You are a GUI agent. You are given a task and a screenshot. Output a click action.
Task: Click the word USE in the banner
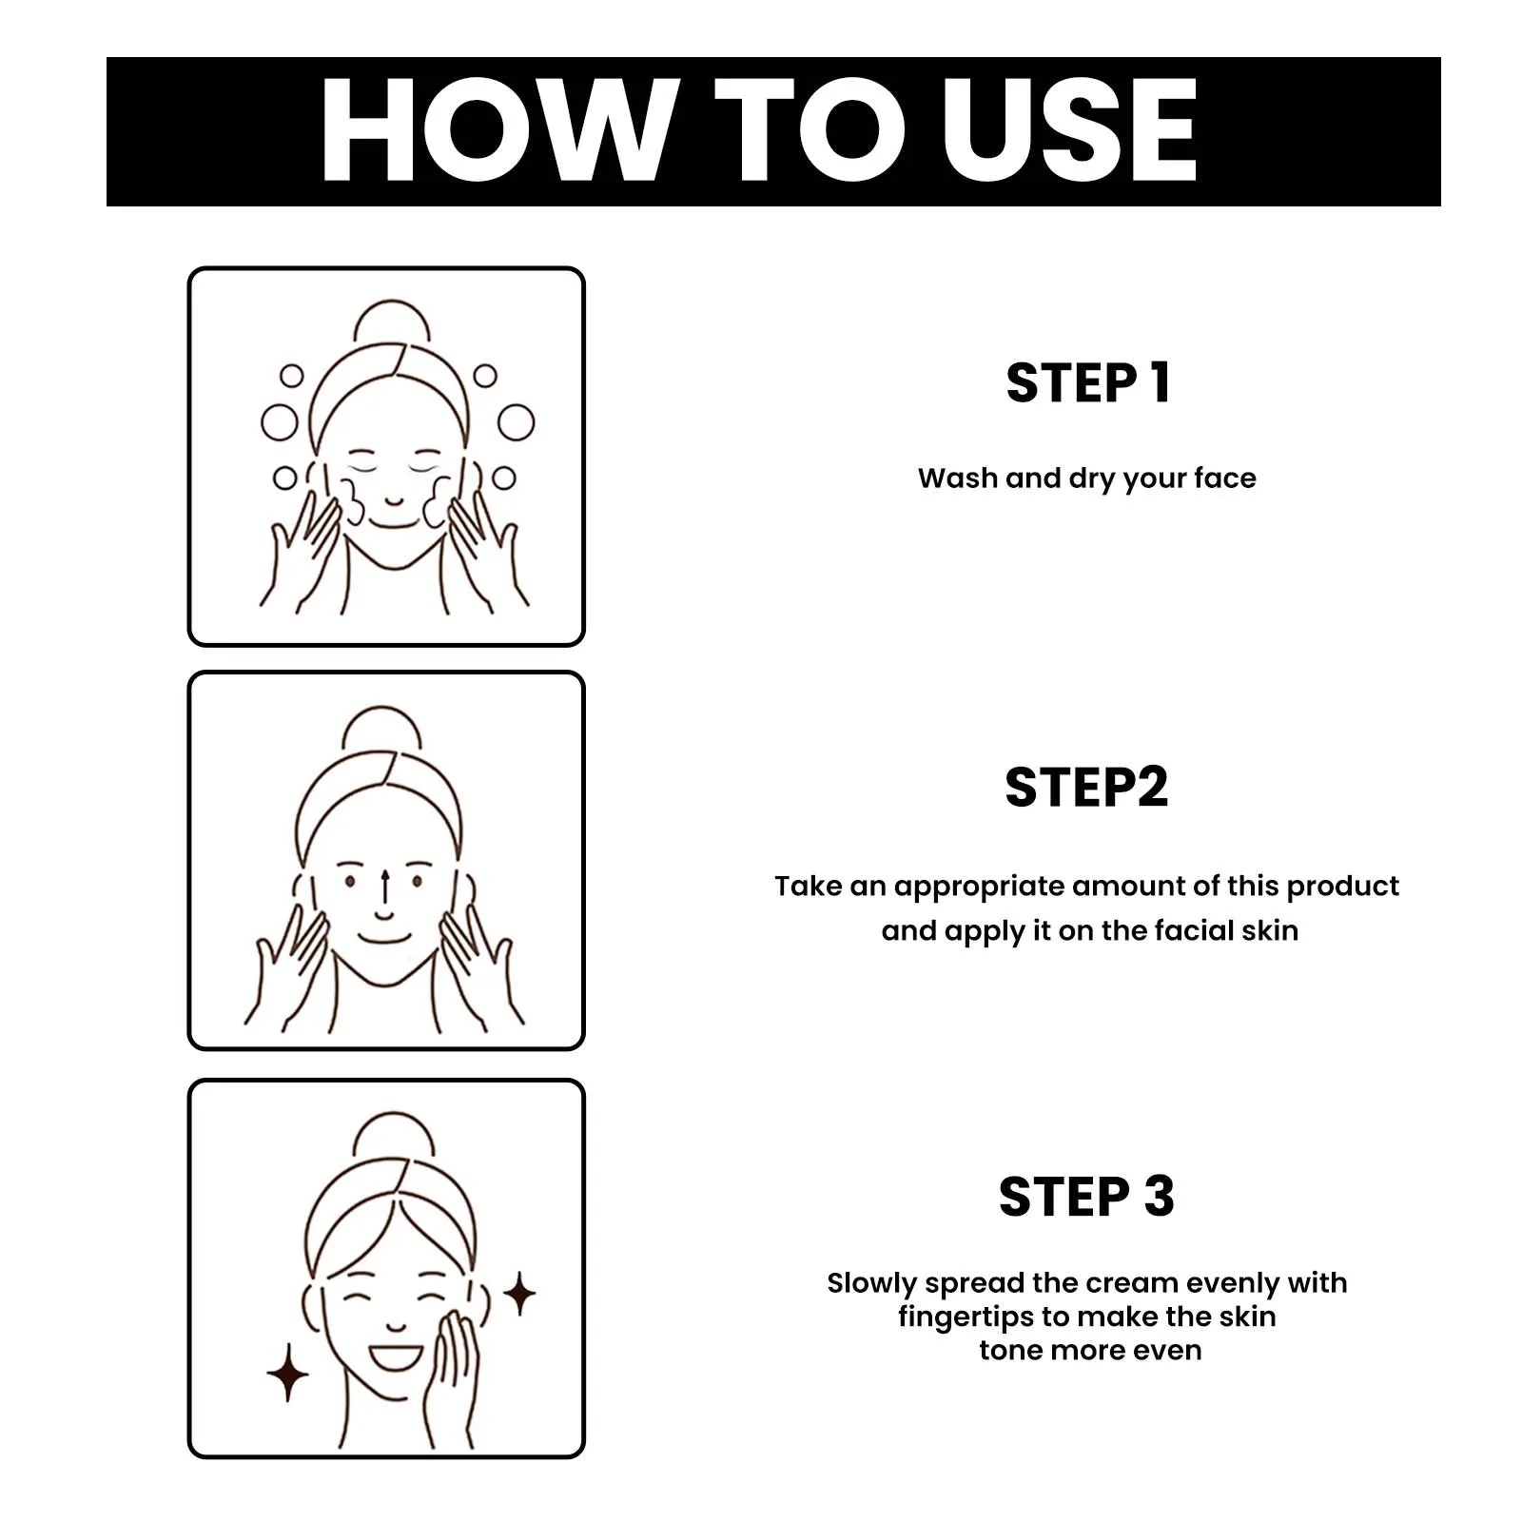[1070, 130]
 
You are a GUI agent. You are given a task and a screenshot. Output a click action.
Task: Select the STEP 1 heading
[1088, 383]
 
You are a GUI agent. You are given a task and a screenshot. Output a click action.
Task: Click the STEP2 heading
[1086, 788]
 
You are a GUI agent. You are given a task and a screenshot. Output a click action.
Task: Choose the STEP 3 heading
[1086, 1197]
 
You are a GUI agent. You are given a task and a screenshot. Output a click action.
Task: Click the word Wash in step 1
[958, 478]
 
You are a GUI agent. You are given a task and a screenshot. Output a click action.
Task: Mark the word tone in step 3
[1010, 1350]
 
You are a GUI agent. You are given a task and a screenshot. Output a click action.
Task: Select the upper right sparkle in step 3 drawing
[519, 1293]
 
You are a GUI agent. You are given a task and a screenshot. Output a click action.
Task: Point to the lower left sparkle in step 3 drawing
[287, 1372]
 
